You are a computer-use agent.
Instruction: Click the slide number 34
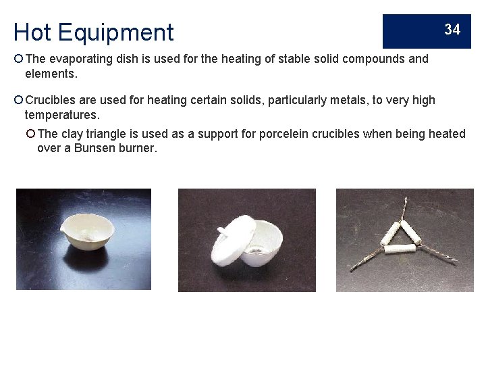pyautogui.click(x=452, y=29)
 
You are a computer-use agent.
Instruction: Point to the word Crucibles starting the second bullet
pyautogui.click(x=52, y=100)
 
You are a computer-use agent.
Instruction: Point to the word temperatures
pyautogui.click(x=61, y=114)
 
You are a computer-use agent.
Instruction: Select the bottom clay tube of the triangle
pyautogui.click(x=404, y=252)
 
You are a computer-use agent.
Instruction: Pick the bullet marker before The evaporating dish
pyautogui.click(x=18, y=59)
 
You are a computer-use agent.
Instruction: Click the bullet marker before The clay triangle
pyautogui.click(x=31, y=134)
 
